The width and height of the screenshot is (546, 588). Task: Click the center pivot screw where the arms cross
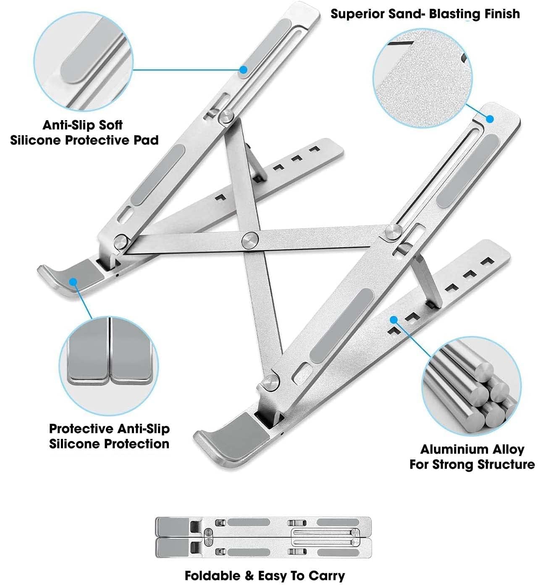tap(249, 240)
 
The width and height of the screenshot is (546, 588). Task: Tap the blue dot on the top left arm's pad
tap(244, 70)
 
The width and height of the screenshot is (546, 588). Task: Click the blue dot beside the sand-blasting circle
tap(490, 119)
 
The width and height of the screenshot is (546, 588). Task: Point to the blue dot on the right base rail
tap(394, 320)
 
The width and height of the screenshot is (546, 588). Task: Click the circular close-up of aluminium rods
tap(471, 386)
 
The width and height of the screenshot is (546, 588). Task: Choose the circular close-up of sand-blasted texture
tap(423, 78)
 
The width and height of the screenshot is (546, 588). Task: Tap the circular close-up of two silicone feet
tap(109, 366)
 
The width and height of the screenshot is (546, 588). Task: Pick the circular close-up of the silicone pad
tap(84, 62)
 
